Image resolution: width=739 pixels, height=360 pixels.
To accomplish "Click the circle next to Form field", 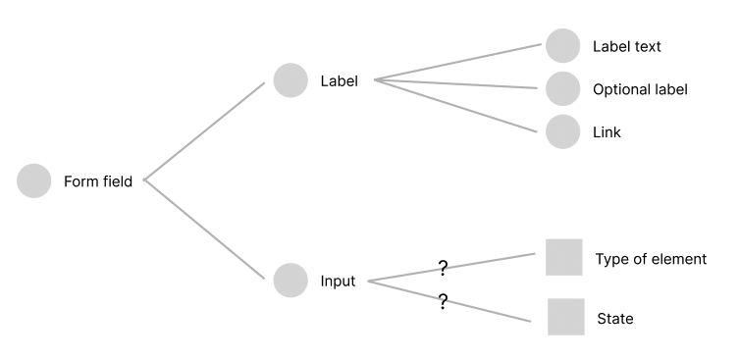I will pyautogui.click(x=34, y=181).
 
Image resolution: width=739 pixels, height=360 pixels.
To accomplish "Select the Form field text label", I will pyautogui.click(x=98, y=181).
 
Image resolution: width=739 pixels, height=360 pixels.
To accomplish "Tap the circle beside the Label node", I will pyautogui.click(x=290, y=80).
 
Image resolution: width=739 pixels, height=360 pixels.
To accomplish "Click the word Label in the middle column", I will pyautogui.click(x=339, y=80).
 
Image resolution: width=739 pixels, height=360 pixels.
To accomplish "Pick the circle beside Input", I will pyautogui.click(x=290, y=281).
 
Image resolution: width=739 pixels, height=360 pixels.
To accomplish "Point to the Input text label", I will pyautogui.click(x=338, y=282).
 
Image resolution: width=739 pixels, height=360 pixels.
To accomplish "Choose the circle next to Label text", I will pyautogui.click(x=563, y=46).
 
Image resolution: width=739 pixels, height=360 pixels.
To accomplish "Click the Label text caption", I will pyautogui.click(x=627, y=46).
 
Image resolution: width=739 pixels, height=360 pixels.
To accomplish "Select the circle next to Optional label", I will pyautogui.click(x=563, y=89).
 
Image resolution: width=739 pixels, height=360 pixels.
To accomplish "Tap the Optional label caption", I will pyautogui.click(x=640, y=89).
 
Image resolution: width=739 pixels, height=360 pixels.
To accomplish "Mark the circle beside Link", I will pyautogui.click(x=563, y=131).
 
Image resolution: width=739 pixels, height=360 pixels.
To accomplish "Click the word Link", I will pyautogui.click(x=607, y=131).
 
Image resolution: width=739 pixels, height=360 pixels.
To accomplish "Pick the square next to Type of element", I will pyautogui.click(x=564, y=257).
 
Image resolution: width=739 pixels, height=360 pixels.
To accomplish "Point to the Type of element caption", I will pyautogui.click(x=651, y=259).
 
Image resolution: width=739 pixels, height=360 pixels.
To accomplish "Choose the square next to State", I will pyautogui.click(x=566, y=317).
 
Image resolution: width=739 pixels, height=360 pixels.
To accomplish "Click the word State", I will pyautogui.click(x=615, y=319).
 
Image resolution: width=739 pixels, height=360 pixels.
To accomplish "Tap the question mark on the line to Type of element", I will pyautogui.click(x=443, y=267).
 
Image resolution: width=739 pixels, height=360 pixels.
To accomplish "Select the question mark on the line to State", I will pyautogui.click(x=443, y=303).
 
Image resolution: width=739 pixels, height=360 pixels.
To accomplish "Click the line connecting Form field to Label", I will pyautogui.click(x=204, y=130).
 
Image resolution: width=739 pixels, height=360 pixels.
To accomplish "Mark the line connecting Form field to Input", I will pyautogui.click(x=204, y=230).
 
